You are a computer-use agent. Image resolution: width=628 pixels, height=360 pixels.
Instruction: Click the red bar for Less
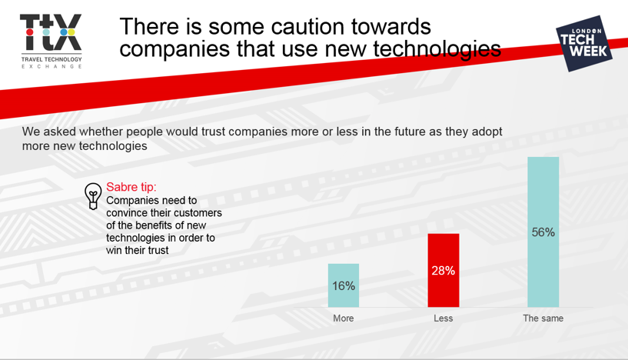(x=444, y=270)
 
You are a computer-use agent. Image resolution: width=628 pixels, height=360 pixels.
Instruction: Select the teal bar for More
(x=344, y=285)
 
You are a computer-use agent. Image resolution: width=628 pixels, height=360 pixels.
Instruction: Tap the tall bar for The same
(x=543, y=232)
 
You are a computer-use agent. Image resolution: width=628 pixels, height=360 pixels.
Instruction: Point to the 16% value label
(x=344, y=286)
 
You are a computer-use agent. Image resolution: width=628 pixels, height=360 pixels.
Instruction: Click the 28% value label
(x=444, y=271)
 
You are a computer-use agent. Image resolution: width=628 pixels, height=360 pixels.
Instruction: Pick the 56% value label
(x=543, y=232)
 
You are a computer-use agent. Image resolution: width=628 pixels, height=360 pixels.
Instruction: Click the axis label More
(x=344, y=318)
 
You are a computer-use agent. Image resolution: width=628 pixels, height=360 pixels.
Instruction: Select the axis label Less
(x=444, y=318)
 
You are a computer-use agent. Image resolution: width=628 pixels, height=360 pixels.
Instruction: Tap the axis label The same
(x=543, y=318)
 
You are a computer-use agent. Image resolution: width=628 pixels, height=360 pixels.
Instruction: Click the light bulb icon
(x=93, y=196)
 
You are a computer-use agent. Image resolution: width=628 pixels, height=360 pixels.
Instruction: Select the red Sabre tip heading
(x=131, y=187)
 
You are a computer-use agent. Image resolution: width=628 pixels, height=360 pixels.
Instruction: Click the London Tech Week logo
(x=584, y=44)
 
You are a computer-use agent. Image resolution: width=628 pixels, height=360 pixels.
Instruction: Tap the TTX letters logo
(x=51, y=32)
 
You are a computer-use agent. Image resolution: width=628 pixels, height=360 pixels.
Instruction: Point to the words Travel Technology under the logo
(x=52, y=59)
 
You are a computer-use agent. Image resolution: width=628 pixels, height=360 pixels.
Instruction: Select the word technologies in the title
(x=437, y=50)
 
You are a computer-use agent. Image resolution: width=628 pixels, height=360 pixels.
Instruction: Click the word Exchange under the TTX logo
(x=52, y=67)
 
